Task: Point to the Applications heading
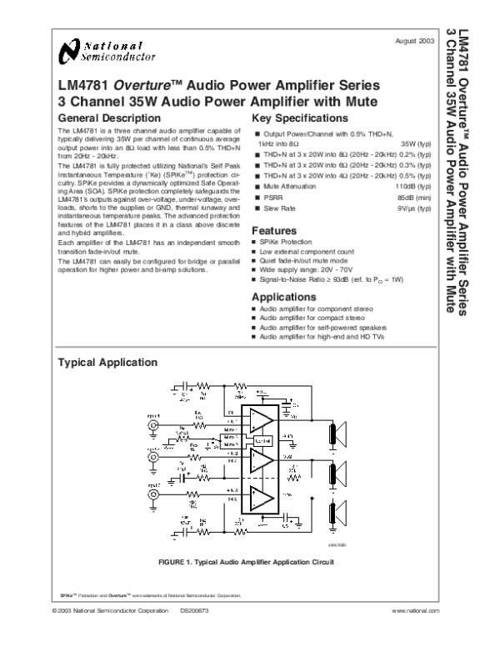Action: [x=286, y=296]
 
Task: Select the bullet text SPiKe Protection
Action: [x=284, y=242]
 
